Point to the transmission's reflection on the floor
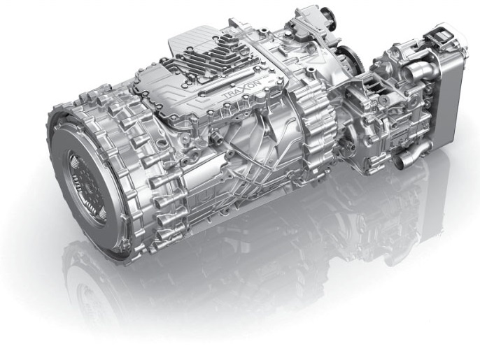click(231, 280)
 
